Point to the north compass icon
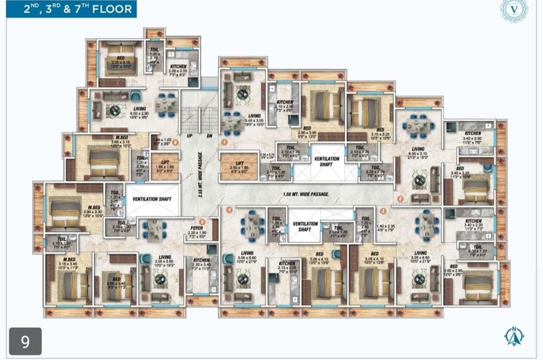(x=515, y=336)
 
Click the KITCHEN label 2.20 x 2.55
(x=178, y=71)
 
